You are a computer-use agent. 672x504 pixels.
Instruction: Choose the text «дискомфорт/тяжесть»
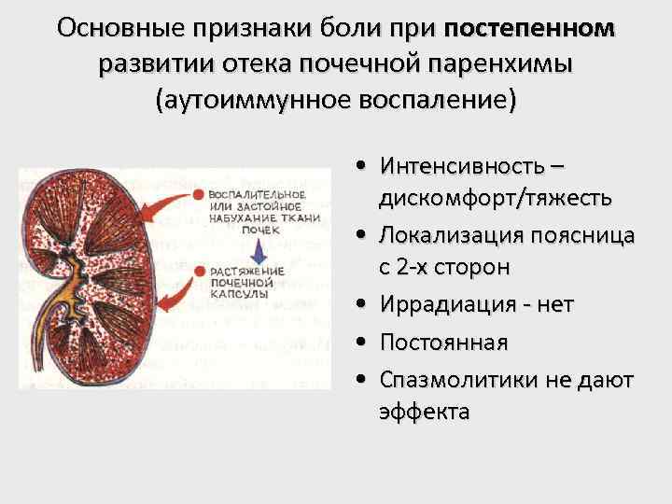pos(495,198)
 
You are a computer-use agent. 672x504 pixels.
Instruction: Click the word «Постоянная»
pos(443,343)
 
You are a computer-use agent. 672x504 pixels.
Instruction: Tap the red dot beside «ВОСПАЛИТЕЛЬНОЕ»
pos(199,194)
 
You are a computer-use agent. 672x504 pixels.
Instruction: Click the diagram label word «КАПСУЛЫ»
pos(239,293)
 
